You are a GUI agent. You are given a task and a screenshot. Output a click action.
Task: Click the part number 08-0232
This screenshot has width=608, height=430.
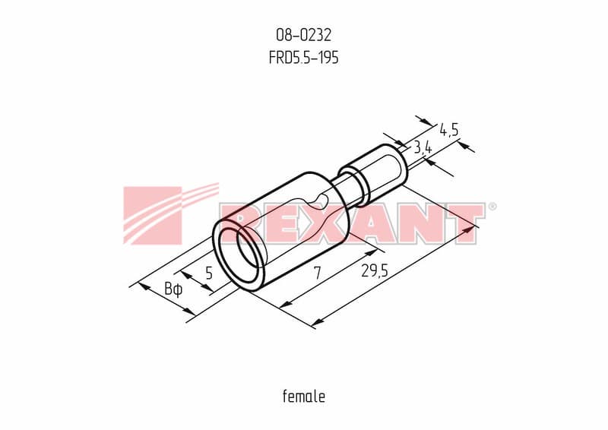pyautogui.click(x=303, y=35)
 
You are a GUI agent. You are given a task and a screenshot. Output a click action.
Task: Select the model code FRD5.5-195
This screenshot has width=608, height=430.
pyautogui.click(x=303, y=58)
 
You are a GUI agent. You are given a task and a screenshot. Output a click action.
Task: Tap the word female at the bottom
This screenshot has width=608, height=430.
pyautogui.click(x=304, y=397)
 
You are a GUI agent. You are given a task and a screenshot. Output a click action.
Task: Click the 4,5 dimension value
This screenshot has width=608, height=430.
pyautogui.click(x=449, y=129)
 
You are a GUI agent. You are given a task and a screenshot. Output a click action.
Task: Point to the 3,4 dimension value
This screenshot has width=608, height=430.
pyautogui.click(x=423, y=147)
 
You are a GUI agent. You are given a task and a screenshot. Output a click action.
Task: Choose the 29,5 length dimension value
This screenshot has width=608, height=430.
pyautogui.click(x=375, y=270)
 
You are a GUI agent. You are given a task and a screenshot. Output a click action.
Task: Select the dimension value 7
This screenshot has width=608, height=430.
pyautogui.click(x=318, y=273)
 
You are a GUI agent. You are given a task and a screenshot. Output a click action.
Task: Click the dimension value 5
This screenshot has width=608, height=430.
pyautogui.click(x=209, y=273)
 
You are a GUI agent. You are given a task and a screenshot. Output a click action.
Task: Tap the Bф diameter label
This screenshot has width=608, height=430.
pyautogui.click(x=173, y=289)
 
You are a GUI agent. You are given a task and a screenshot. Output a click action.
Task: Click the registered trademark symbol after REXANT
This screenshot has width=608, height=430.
pyautogui.click(x=492, y=206)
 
